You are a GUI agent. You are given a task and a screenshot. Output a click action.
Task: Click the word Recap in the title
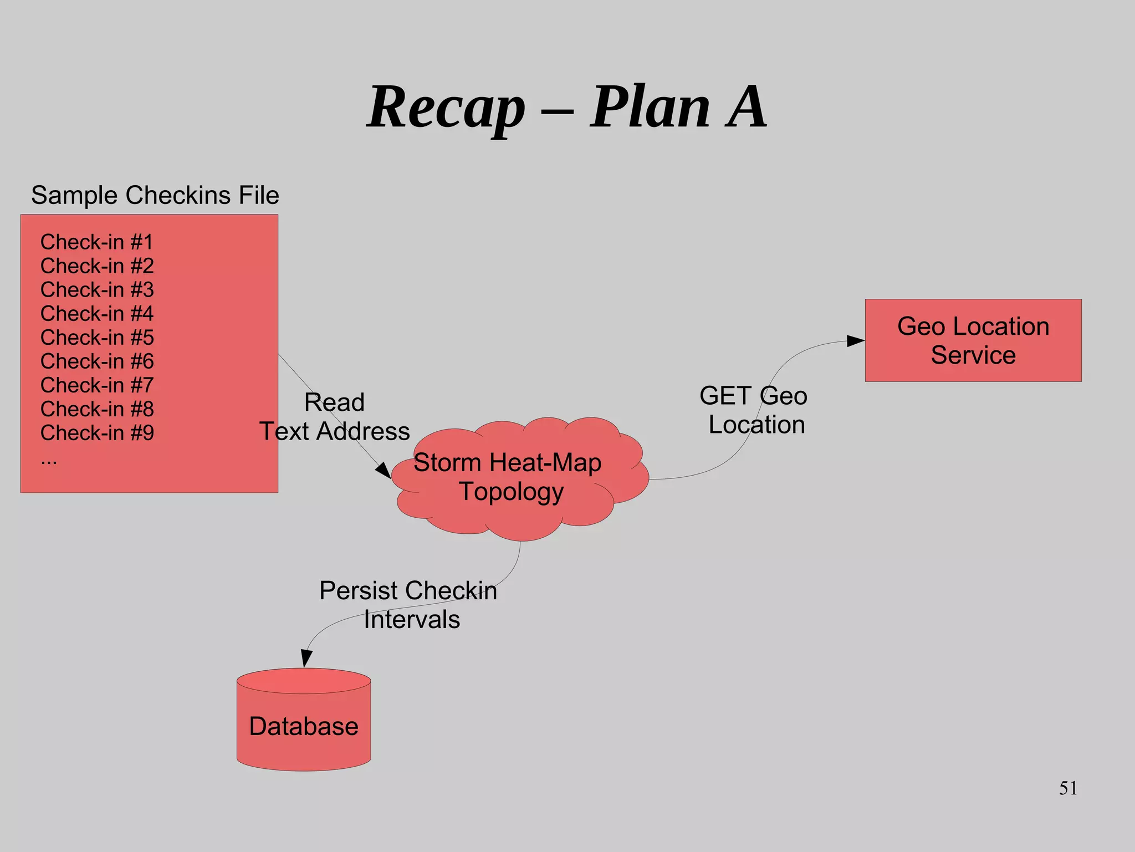(x=446, y=108)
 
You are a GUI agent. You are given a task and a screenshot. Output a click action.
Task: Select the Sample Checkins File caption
(x=155, y=195)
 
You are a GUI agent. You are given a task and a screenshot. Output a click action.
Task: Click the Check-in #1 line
(x=96, y=242)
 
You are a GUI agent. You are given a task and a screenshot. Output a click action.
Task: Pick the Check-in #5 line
(x=97, y=338)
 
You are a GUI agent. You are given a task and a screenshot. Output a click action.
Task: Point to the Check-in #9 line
(x=97, y=433)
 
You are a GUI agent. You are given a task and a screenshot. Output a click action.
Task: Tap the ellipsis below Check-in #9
(x=49, y=460)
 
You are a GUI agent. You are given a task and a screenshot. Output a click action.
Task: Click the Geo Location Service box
(x=973, y=340)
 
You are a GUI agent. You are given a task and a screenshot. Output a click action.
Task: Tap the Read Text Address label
(x=335, y=417)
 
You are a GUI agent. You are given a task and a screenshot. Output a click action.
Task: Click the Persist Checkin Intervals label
(x=409, y=605)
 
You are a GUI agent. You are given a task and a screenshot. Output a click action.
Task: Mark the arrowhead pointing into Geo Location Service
(x=856, y=341)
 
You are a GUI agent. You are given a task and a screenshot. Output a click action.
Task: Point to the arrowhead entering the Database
(x=306, y=659)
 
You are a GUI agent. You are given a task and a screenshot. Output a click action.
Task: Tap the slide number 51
(x=1068, y=788)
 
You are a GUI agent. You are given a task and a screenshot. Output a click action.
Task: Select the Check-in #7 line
(x=97, y=385)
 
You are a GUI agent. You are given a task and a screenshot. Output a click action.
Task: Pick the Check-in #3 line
(x=97, y=290)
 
